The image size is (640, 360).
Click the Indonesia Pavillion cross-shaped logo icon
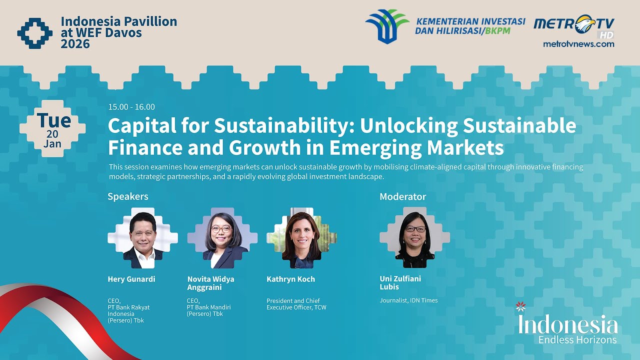[34, 33]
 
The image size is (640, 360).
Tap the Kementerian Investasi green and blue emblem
[387, 26]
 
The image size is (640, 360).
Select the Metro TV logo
[573, 25]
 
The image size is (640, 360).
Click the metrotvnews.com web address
[578, 44]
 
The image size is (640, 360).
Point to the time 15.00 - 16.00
[131, 107]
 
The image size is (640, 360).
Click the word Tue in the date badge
[53, 120]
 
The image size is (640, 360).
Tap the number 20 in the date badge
[52, 134]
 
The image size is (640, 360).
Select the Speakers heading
[128, 196]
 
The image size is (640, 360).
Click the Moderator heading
[402, 196]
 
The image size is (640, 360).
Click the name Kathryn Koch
[290, 279]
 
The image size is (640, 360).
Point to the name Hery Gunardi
[131, 279]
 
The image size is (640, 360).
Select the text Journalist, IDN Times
[408, 300]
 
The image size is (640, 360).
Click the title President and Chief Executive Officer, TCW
[296, 304]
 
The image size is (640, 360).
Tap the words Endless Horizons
[577, 339]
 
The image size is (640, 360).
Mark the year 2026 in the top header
[75, 44]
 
